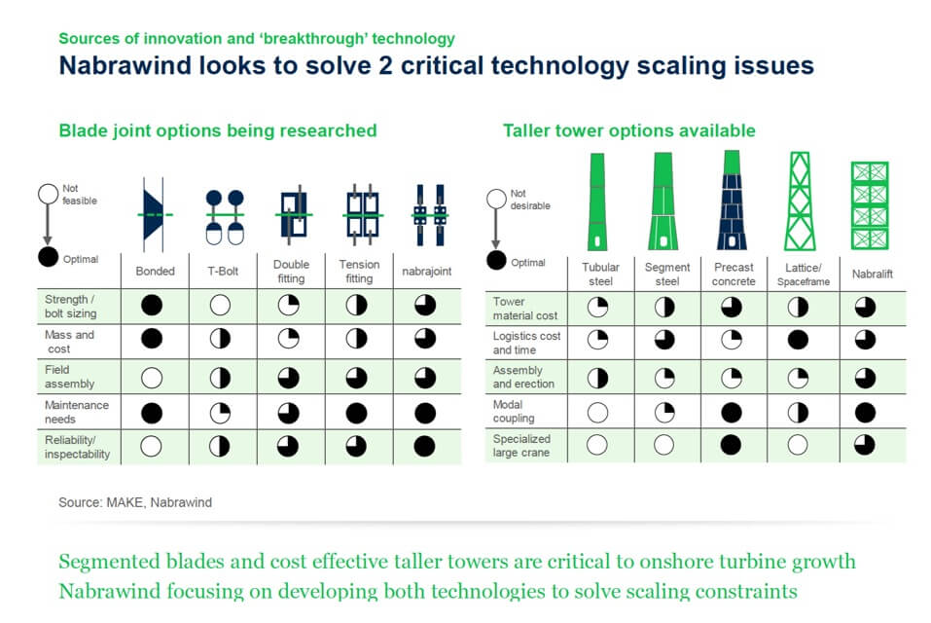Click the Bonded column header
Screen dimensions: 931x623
(x=155, y=272)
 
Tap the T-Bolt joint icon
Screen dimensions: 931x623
(x=225, y=217)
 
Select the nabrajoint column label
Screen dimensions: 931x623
(x=426, y=272)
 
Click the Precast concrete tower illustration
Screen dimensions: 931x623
(x=732, y=201)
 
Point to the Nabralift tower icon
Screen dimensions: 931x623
(x=870, y=205)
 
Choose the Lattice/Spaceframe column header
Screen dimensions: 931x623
(x=804, y=275)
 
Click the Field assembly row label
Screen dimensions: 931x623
(x=69, y=377)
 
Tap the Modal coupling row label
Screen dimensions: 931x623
(x=514, y=411)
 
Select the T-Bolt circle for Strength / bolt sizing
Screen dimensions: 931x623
(x=220, y=306)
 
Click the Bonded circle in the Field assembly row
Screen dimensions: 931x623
(x=152, y=378)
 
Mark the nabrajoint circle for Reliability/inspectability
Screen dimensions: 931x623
(x=424, y=446)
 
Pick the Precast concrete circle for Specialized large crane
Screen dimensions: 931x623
(x=731, y=444)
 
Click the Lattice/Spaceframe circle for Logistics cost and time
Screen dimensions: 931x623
(x=798, y=340)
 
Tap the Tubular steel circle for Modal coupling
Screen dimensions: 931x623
(x=598, y=412)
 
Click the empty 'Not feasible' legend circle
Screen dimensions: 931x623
(x=48, y=195)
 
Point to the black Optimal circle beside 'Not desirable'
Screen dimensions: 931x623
(x=496, y=260)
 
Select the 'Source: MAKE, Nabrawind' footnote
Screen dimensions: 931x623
(x=135, y=502)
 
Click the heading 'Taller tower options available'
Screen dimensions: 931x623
(x=629, y=130)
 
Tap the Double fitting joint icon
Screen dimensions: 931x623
(x=294, y=215)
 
